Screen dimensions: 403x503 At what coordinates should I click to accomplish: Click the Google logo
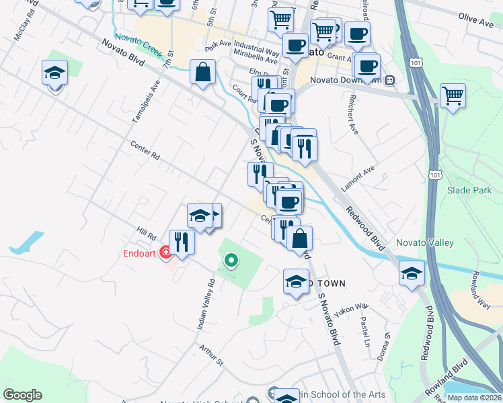coord(22,395)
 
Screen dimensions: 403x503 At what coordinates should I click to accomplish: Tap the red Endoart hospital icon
coord(165,253)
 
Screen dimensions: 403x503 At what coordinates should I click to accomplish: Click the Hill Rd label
coord(146,234)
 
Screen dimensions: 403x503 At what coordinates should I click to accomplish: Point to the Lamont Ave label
coord(358,174)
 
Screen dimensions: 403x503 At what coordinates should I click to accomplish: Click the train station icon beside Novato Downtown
coord(389,81)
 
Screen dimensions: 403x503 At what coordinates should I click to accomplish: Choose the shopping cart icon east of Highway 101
coord(452,95)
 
